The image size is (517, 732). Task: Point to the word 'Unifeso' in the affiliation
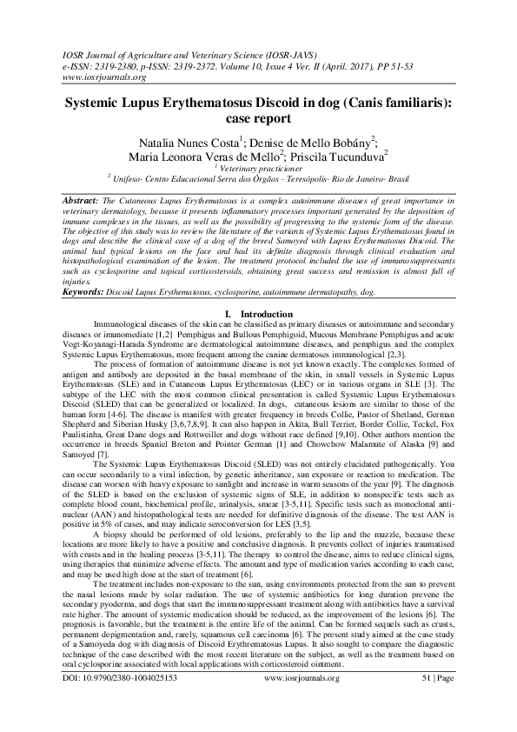click(132, 178)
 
